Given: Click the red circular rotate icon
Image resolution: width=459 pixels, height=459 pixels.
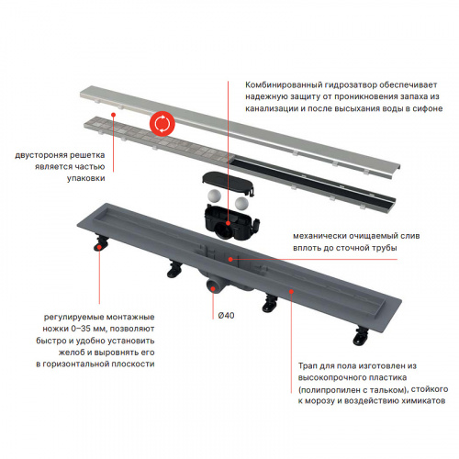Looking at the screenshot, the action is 162,124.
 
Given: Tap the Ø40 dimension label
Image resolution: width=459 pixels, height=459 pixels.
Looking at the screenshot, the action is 226,315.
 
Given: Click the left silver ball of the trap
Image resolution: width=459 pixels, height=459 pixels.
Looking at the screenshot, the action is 213,196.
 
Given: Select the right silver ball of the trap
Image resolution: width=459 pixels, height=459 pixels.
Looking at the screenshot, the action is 241,203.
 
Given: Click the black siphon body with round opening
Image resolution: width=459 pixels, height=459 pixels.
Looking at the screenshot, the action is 231,222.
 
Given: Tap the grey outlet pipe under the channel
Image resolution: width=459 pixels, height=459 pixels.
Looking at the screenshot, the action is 214,285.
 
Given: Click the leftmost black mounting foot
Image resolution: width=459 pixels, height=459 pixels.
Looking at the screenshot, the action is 101,241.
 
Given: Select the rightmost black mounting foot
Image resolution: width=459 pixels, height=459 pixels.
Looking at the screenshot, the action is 362,336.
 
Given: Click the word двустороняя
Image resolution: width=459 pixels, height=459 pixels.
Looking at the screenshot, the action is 41,155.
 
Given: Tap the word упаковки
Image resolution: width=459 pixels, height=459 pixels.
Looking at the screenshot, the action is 86,178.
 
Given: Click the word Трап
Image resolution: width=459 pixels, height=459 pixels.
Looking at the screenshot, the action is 308,366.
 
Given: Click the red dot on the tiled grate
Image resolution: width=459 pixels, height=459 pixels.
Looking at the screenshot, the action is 113,115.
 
